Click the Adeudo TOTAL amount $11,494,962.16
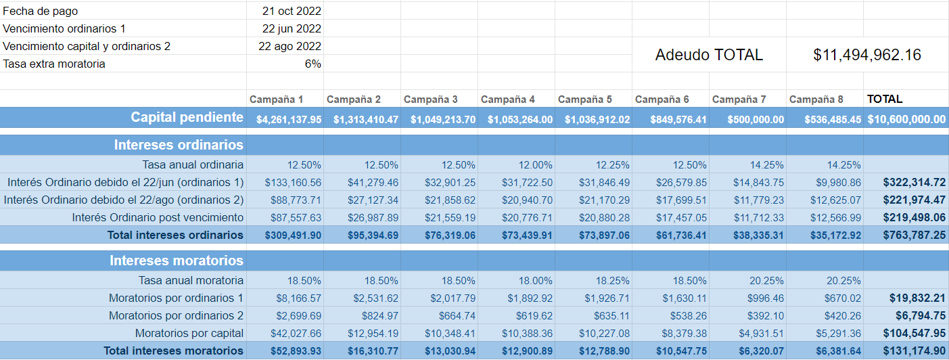click(x=867, y=55)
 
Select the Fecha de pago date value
click(x=292, y=11)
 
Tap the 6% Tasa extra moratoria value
click(x=313, y=64)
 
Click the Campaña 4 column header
click(x=507, y=99)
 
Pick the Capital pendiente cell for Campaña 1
click(x=289, y=120)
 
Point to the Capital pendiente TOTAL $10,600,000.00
click(x=906, y=120)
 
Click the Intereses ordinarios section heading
click(x=179, y=145)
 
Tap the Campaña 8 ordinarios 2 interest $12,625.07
click(x=833, y=200)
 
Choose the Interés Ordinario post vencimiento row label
click(x=158, y=217)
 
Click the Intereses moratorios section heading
click(x=177, y=261)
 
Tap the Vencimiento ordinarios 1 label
click(x=64, y=28)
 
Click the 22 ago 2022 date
click(x=290, y=46)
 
